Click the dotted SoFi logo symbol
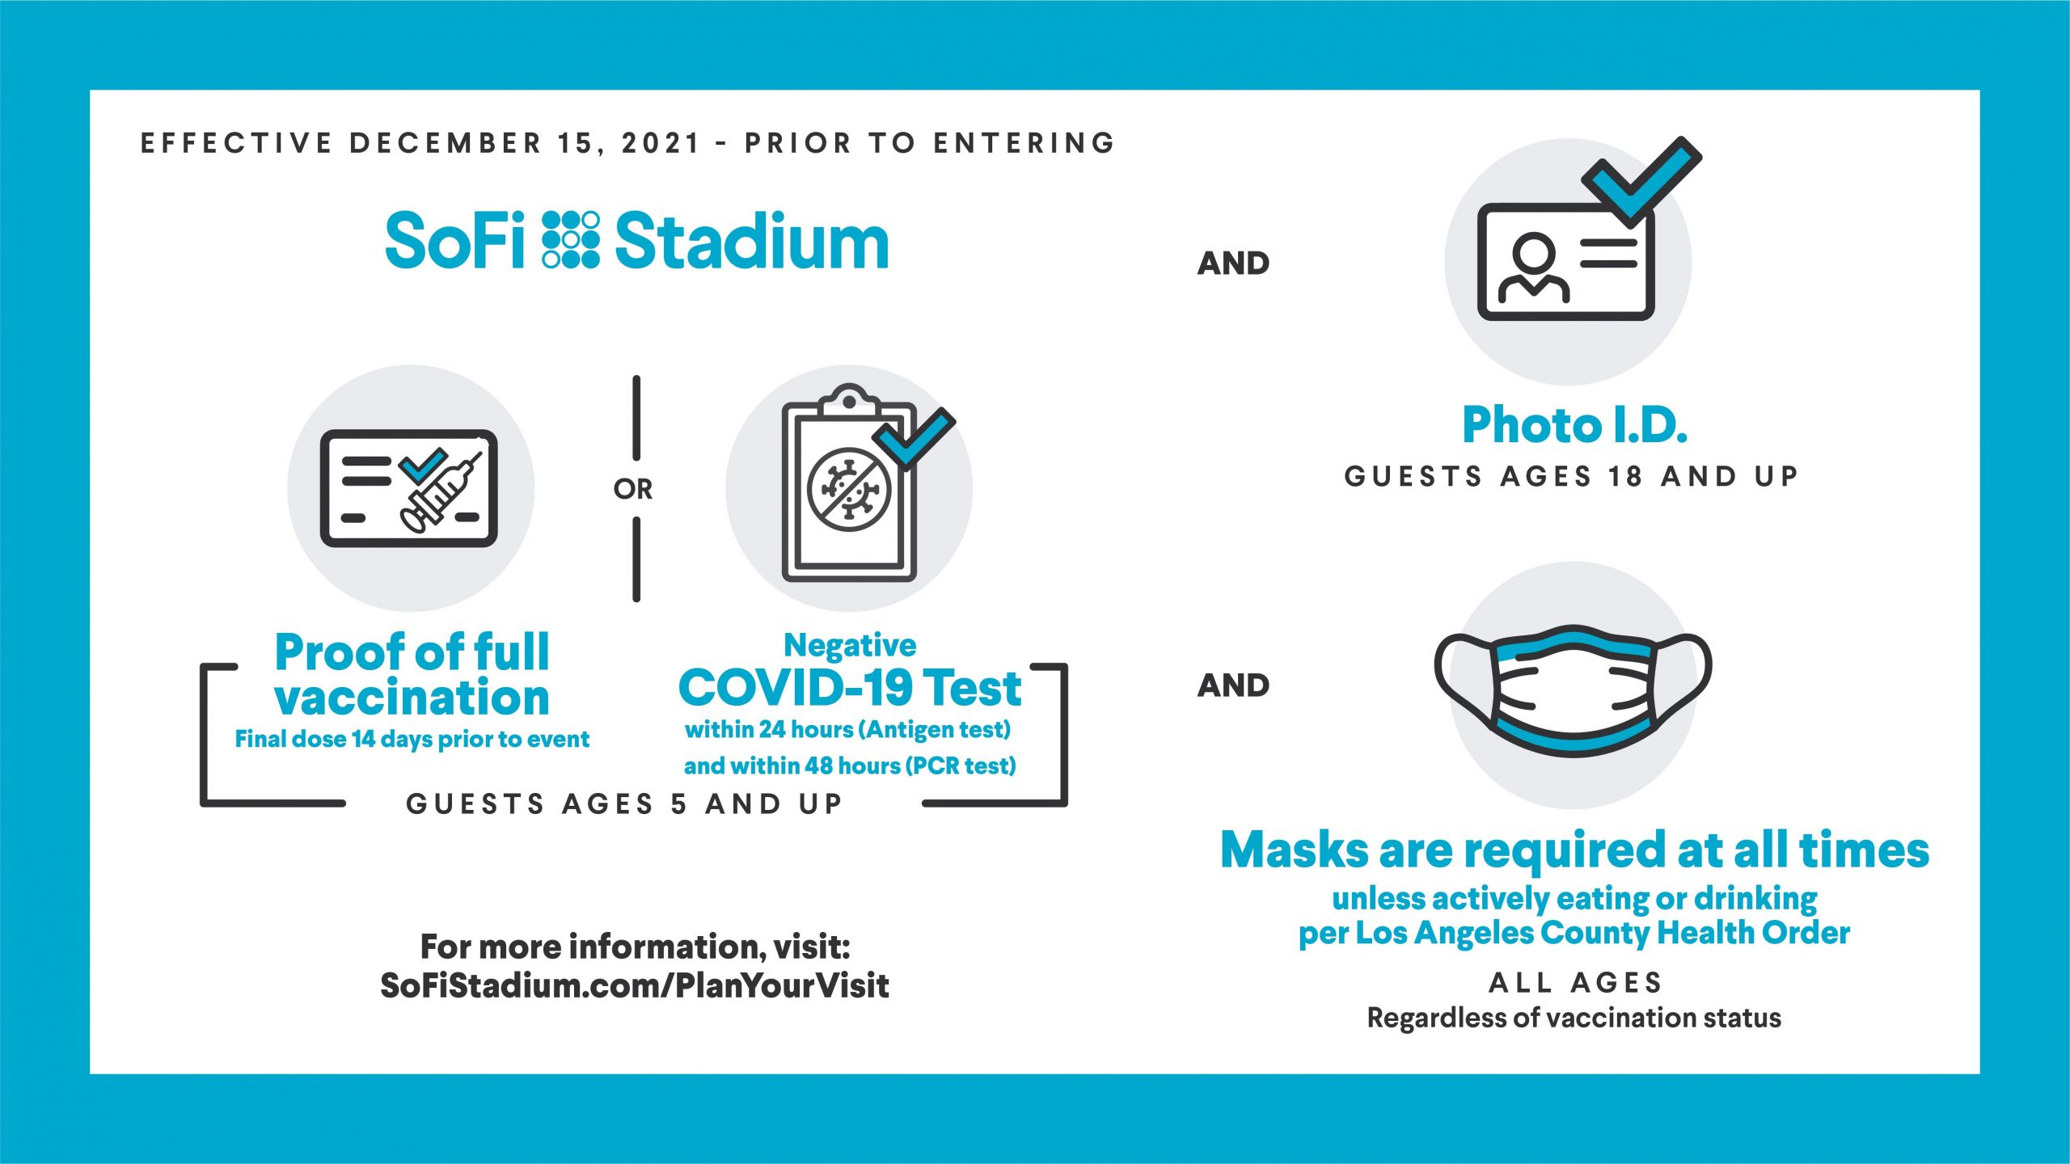[571, 239]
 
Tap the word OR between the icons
[633, 489]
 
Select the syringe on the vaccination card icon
[441, 492]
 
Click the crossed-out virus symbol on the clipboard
[849, 489]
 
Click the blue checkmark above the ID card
[1641, 179]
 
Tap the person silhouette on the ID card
[1533, 268]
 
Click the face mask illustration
[1573, 690]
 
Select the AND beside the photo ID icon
[1233, 264]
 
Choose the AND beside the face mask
[1233, 685]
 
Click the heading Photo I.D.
[1574, 425]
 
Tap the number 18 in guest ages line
[1624, 476]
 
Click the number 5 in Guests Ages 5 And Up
[679, 803]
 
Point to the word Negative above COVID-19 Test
[850, 645]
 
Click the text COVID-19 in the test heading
[796, 688]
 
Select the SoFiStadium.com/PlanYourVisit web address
[635, 985]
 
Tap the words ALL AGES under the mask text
[1575, 983]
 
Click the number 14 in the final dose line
[362, 739]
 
